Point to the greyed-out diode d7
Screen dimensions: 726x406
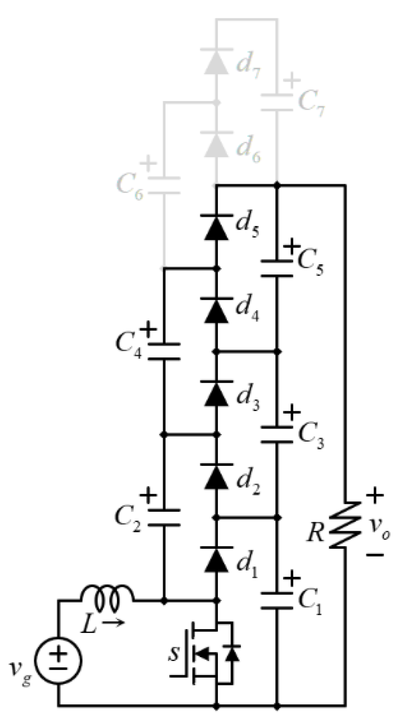216,61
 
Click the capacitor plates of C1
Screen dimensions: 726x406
277,601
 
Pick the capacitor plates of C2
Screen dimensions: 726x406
164,517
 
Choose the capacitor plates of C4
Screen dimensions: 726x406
164,351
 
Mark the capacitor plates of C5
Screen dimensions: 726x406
277,269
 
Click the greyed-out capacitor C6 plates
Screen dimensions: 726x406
164,185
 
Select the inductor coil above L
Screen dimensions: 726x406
107,593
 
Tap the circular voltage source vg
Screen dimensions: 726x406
58,659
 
